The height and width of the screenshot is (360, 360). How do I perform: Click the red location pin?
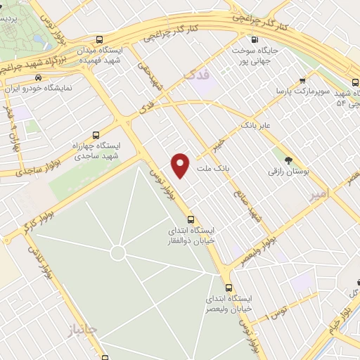181,165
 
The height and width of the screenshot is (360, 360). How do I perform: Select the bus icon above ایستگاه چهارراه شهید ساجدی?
95,134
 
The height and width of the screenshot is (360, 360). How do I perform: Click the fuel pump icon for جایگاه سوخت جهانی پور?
255,39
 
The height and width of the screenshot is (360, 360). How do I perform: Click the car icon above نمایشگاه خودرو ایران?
39,78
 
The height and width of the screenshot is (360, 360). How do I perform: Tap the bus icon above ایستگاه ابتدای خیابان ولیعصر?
228,288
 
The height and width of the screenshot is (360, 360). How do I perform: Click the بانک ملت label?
212,168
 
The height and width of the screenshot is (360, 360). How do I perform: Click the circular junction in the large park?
117,252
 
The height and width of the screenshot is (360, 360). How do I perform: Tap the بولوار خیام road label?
345,305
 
